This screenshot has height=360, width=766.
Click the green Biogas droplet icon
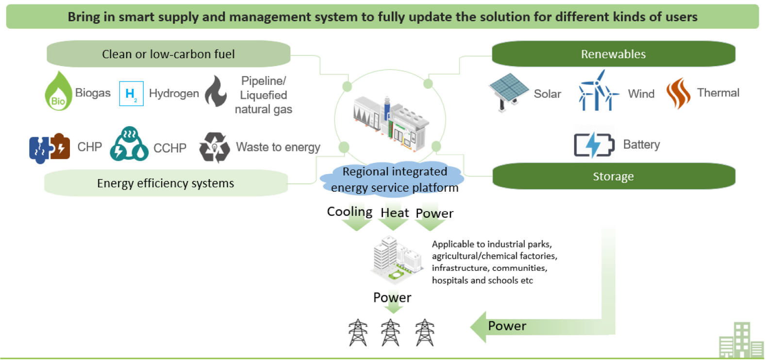58,92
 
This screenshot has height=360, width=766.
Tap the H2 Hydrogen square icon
131,94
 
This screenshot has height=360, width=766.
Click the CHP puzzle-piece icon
50,147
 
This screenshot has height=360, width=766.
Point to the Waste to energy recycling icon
214,147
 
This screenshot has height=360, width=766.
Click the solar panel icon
508,91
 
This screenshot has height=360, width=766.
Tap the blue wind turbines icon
598,91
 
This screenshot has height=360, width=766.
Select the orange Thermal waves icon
678,93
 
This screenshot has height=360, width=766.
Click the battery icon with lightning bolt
594,145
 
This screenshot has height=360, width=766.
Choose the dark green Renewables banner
613,54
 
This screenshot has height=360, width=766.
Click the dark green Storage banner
613,176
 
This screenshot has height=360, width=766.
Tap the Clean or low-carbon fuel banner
168,54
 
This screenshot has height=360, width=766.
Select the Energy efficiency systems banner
165,183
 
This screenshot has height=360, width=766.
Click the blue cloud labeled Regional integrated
394,179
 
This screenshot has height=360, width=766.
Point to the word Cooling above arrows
350,212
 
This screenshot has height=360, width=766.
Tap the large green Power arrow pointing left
534,327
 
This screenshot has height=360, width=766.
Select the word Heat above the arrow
394,213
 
